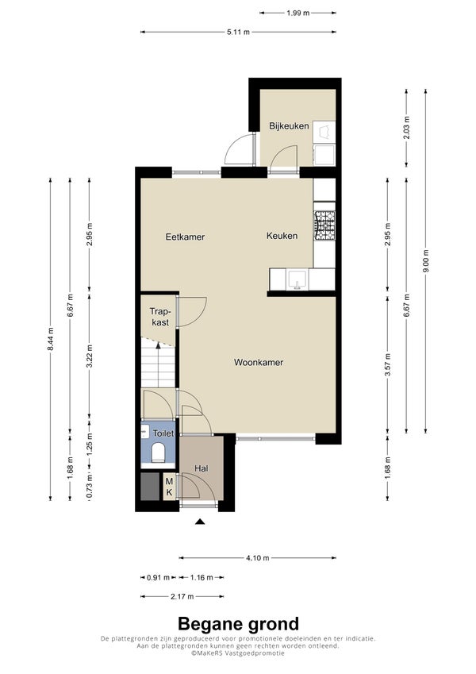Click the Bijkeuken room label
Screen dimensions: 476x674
tap(289, 126)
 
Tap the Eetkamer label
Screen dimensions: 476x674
tap(185, 237)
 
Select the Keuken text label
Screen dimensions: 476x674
tap(282, 236)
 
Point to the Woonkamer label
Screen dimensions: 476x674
tap(258, 362)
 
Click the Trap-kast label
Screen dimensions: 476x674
tap(159, 317)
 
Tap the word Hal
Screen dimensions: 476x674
tap(201, 468)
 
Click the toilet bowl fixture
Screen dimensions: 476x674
tap(158, 453)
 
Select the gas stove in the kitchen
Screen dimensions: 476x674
tap(324, 225)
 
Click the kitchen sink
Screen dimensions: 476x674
tap(297, 279)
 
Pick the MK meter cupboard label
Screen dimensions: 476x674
tap(169, 487)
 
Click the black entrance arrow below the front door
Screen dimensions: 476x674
tap(199, 522)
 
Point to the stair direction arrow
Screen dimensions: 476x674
tap(158, 345)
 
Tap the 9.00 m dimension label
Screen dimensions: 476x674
tap(425, 261)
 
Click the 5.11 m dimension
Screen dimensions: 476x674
tap(238, 32)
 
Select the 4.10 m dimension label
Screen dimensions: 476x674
tap(258, 558)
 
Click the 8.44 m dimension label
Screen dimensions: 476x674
tap(50, 339)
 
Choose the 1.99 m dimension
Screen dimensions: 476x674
tap(297, 13)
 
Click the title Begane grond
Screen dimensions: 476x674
tap(238, 623)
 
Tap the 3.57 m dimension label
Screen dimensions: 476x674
tap(387, 364)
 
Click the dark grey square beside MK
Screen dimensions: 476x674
tap(151, 487)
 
